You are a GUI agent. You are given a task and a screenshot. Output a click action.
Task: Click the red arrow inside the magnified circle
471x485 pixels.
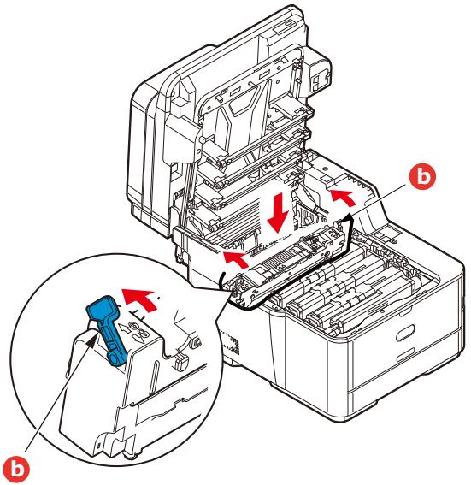[x=141, y=300]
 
